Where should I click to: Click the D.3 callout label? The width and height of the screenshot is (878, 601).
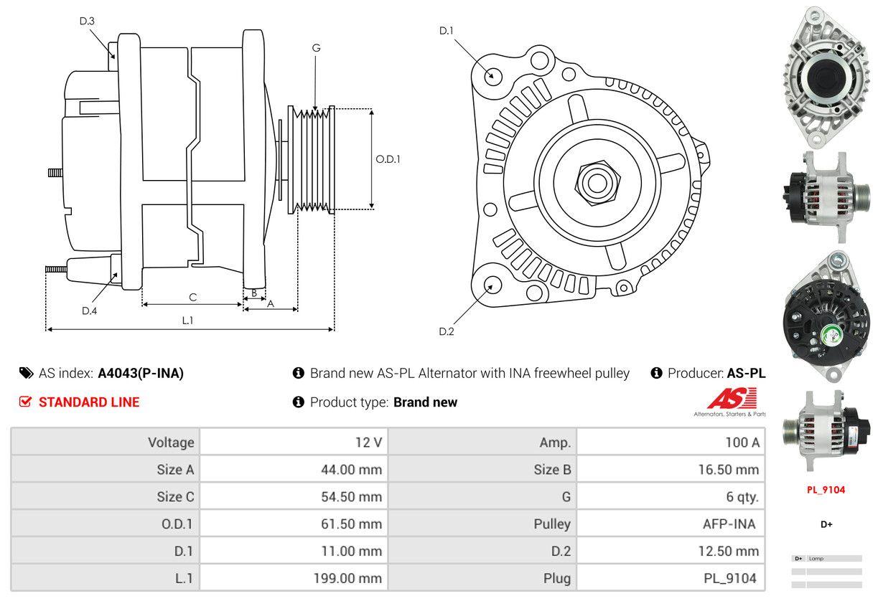coord(87,22)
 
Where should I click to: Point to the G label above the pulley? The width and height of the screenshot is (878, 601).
coord(316,48)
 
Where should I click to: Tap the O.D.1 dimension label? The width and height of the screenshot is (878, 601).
coord(388,159)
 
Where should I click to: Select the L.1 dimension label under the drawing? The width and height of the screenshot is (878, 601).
coord(187,321)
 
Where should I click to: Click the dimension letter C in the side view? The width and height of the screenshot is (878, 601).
coord(192,297)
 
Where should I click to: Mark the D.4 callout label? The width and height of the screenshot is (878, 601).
coord(89,311)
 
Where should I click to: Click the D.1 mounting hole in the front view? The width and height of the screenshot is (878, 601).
coord(492,75)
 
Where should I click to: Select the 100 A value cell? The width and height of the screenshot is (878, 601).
coord(742,443)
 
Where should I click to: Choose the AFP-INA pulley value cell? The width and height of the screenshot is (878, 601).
coord(729,524)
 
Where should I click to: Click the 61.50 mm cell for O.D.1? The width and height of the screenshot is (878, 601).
coord(351,524)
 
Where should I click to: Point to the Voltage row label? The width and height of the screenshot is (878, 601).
coord(171,443)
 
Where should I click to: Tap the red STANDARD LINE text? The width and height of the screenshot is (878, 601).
coord(89,402)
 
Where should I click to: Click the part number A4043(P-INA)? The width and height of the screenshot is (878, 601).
coord(141,373)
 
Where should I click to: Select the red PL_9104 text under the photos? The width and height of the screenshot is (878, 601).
coord(826,490)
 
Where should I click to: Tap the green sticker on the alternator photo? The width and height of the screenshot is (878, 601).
coord(830,333)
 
